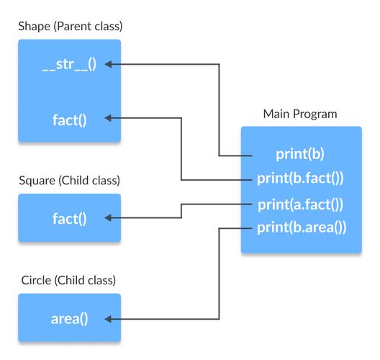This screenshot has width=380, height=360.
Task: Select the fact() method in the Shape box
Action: pyautogui.click(x=69, y=119)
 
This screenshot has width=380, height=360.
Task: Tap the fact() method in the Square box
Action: pyautogui.click(x=69, y=217)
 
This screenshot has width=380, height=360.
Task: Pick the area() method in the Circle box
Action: pyautogui.click(x=69, y=318)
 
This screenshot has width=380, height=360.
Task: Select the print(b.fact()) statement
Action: pyautogui.click(x=301, y=179)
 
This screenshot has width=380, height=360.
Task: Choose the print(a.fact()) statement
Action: pyautogui.click(x=301, y=204)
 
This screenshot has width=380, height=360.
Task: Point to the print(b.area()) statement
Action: pyautogui.click(x=301, y=229)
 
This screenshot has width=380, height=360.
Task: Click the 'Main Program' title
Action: pyautogui.click(x=299, y=114)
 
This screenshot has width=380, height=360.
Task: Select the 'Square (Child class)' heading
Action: pyautogui.click(x=69, y=180)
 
